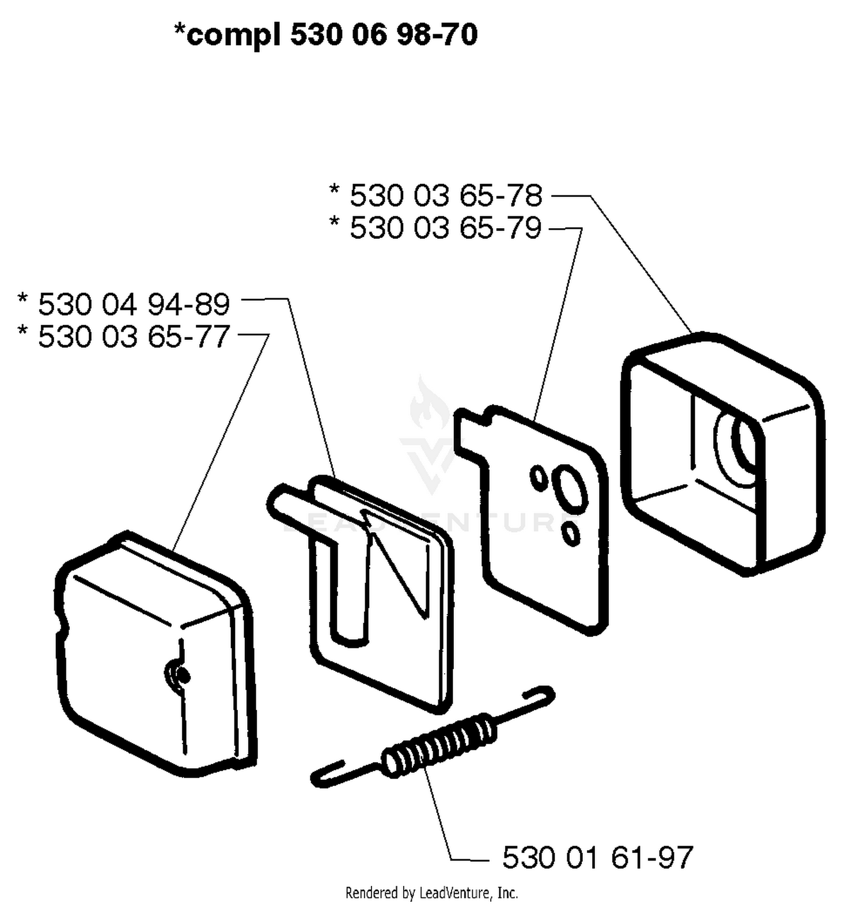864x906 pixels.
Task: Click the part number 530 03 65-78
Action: [x=446, y=196]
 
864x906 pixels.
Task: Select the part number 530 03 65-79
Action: [x=446, y=228]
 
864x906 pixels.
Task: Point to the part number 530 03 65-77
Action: [x=134, y=336]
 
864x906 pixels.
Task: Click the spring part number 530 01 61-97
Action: [x=597, y=858]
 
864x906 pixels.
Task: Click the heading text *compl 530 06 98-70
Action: [x=326, y=35]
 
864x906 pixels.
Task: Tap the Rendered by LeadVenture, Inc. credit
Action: [x=431, y=893]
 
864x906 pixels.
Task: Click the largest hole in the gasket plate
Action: [x=569, y=487]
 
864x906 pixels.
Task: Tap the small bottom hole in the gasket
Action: [x=571, y=533]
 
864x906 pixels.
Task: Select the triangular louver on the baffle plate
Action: [x=397, y=562]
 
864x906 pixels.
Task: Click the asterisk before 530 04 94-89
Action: [x=23, y=300]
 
